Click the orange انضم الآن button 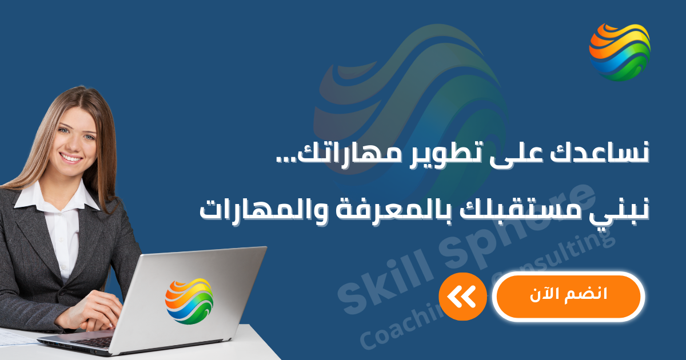tap(568, 296)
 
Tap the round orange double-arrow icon tap(462, 297)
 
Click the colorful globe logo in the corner tap(620, 52)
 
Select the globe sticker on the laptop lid tap(189, 301)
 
